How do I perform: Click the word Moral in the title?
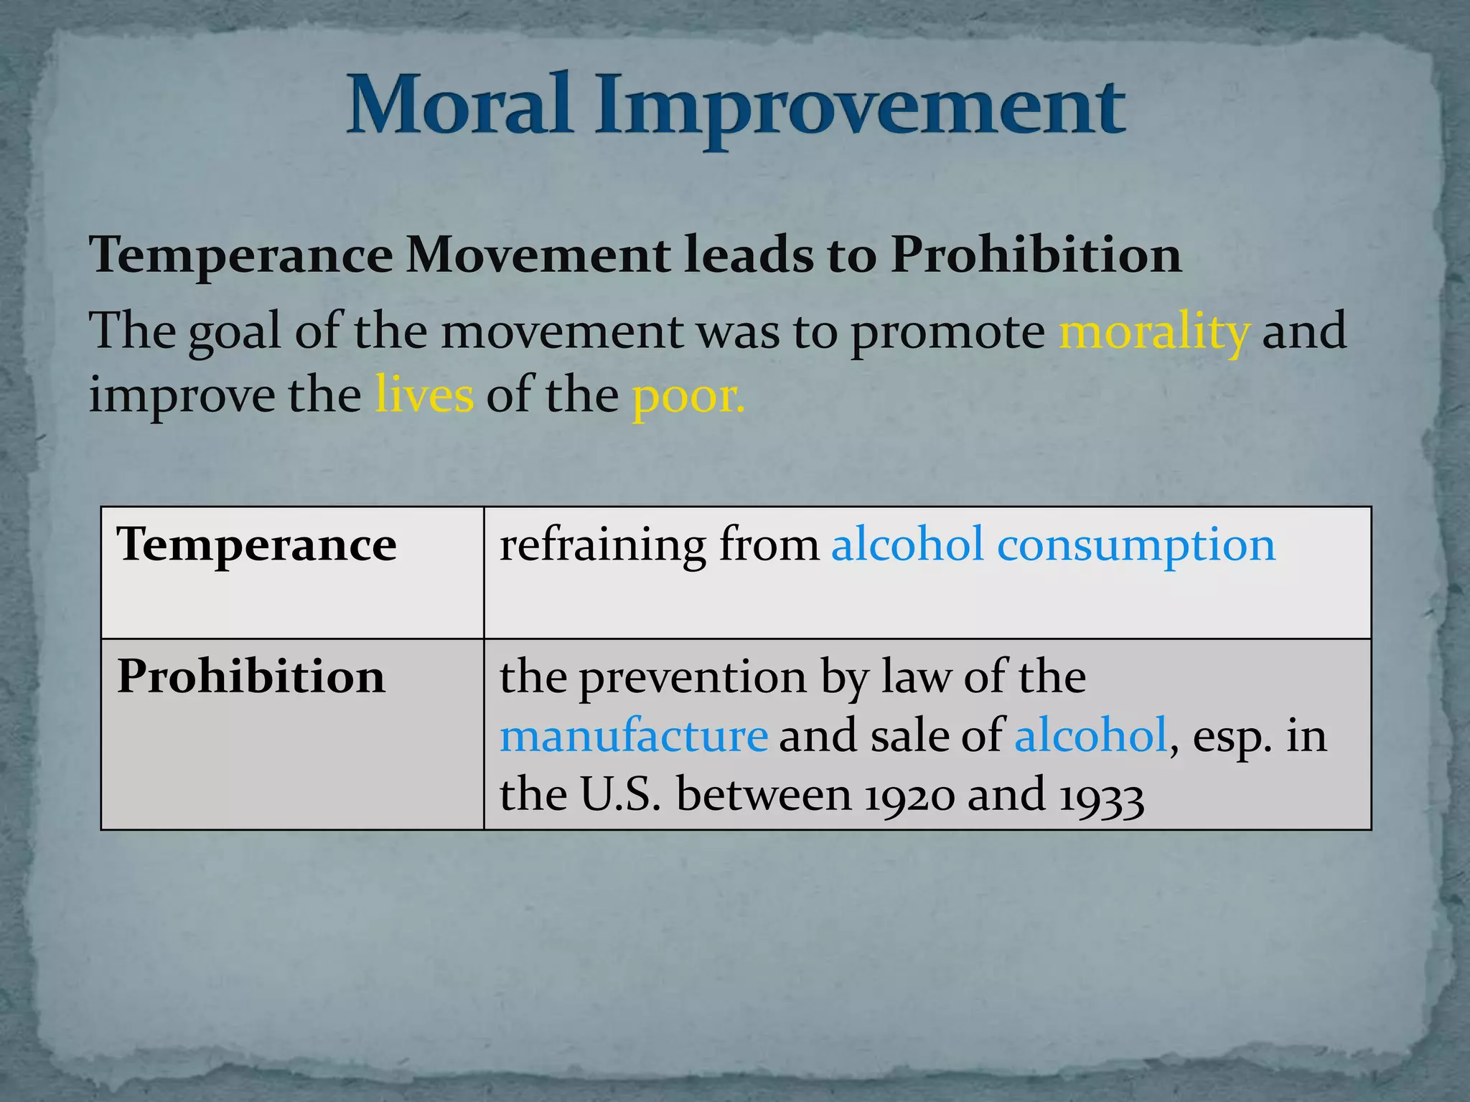459,106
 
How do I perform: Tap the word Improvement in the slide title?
860,109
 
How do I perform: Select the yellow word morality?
1154,331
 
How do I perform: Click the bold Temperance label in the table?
256,545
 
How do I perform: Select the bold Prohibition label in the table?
251,676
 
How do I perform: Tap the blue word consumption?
1136,545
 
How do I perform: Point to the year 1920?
909,796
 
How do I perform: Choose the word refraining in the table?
602,545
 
